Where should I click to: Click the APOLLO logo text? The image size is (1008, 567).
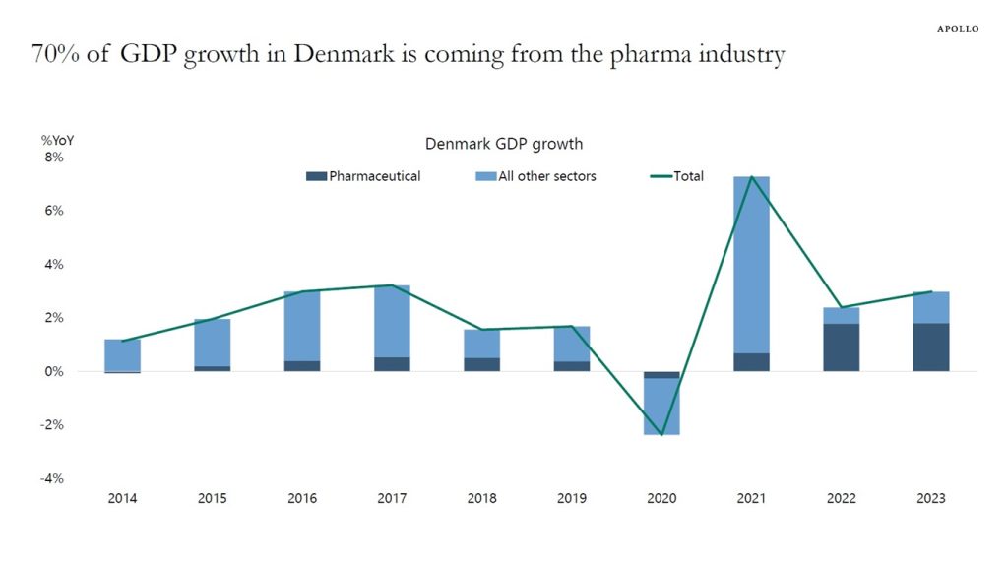[x=957, y=29]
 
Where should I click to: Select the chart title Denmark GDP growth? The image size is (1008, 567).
[x=504, y=144]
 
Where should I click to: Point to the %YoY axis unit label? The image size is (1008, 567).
[x=57, y=141]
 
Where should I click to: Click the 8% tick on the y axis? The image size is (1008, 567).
[x=52, y=157]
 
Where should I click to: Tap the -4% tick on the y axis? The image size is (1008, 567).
[x=52, y=478]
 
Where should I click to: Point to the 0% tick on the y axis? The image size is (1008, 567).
[x=52, y=371]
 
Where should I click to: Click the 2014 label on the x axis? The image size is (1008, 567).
[x=122, y=498]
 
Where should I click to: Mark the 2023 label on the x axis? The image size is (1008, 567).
[x=930, y=498]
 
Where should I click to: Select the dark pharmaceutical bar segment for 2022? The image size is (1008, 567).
[x=842, y=347]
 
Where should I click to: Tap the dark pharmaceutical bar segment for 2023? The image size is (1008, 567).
[x=930, y=347]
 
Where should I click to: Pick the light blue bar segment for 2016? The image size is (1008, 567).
[x=302, y=326]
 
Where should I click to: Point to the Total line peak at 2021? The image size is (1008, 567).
[x=752, y=177]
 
